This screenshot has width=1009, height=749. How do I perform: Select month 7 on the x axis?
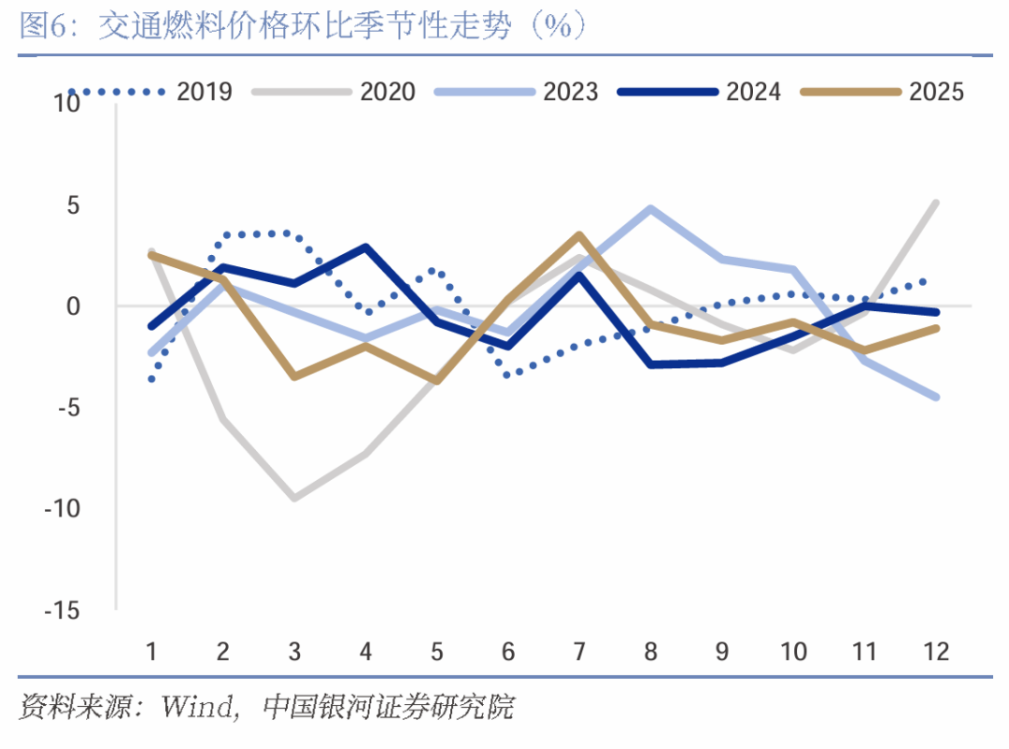579,651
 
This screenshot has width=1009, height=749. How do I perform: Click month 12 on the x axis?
935,651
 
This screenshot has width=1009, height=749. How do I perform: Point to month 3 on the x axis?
294,651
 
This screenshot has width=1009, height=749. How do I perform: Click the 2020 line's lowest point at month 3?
294,499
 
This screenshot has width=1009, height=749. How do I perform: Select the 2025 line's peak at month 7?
579,235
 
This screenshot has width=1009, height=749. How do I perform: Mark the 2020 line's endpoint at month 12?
936,203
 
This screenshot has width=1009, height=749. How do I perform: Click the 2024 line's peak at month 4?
365,247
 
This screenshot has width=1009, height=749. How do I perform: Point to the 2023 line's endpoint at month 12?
936,397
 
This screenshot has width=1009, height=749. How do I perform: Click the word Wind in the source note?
197,706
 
